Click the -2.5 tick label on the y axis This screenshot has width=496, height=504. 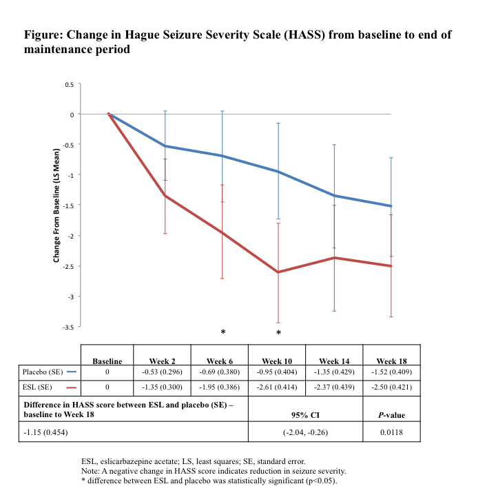coord(69,266)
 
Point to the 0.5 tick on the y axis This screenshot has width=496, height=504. coord(70,84)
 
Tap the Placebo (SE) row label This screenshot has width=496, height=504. coord(44,372)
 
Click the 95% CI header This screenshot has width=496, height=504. coord(305,416)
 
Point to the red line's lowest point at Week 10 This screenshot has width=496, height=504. coord(278,272)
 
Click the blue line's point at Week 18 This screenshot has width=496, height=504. coord(391,206)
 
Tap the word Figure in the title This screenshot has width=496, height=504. coord(43,34)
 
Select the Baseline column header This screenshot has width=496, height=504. coord(107,361)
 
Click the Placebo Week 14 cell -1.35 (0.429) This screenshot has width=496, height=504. coord(334,372)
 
